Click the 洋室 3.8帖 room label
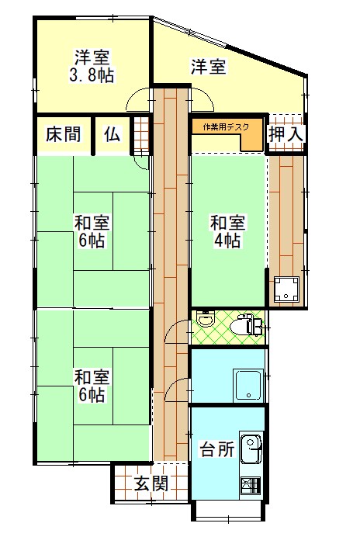coord(92,66)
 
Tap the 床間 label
coord(62,133)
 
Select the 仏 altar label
coord(112,133)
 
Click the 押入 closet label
coord(286,133)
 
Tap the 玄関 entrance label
coord(151,483)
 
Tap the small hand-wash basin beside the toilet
coord(206,320)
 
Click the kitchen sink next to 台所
coord(252,449)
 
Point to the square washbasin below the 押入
coord(286,289)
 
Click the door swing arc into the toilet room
coord(172,330)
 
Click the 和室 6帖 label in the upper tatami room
coord(92,231)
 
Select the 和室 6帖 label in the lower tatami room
coord(92,386)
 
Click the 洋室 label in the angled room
coord(209,68)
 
